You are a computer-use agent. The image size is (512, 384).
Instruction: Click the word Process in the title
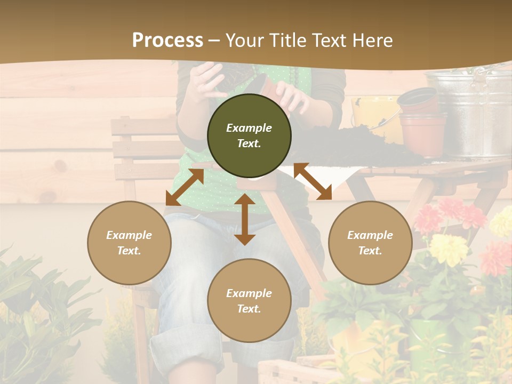(x=167, y=41)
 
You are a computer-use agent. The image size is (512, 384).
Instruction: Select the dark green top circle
(x=249, y=135)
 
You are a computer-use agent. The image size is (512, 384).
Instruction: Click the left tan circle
(x=129, y=243)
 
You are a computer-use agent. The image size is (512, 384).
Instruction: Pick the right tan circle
(x=370, y=243)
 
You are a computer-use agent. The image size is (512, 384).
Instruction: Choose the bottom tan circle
(x=249, y=300)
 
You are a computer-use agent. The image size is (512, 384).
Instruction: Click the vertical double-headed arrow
(x=245, y=219)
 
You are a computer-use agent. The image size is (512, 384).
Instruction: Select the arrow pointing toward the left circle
(x=185, y=187)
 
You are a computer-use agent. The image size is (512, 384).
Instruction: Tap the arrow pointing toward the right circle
(x=313, y=181)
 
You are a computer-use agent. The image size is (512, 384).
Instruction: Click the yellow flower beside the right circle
(x=448, y=248)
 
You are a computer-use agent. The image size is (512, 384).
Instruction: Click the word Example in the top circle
(x=249, y=128)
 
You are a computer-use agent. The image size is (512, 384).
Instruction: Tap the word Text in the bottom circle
(x=249, y=309)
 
